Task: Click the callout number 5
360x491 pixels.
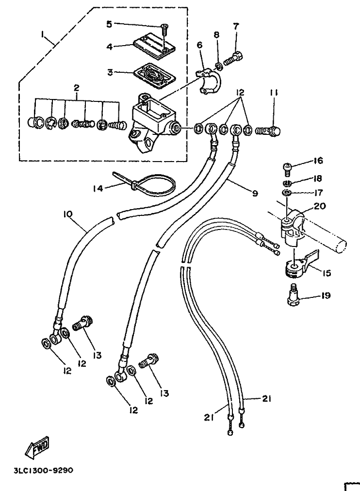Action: (109, 24)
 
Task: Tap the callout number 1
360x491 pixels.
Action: (43, 34)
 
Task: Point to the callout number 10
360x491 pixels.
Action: (68, 213)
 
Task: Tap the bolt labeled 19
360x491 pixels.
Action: (294, 296)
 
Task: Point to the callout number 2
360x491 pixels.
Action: (76, 88)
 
